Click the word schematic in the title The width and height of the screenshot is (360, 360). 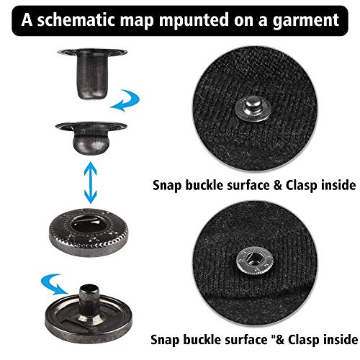[x=77, y=19]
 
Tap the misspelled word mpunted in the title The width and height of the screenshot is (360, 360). [x=194, y=21]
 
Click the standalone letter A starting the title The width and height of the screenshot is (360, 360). [x=27, y=19]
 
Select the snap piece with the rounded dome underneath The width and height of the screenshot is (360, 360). [x=91, y=138]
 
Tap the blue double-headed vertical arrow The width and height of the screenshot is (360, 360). [x=91, y=182]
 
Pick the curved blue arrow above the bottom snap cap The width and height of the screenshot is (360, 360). [x=52, y=283]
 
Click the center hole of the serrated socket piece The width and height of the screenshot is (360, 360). [x=89, y=225]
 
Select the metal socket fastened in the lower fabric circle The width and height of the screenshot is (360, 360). [x=254, y=261]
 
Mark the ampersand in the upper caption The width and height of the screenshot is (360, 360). [x=278, y=186]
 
